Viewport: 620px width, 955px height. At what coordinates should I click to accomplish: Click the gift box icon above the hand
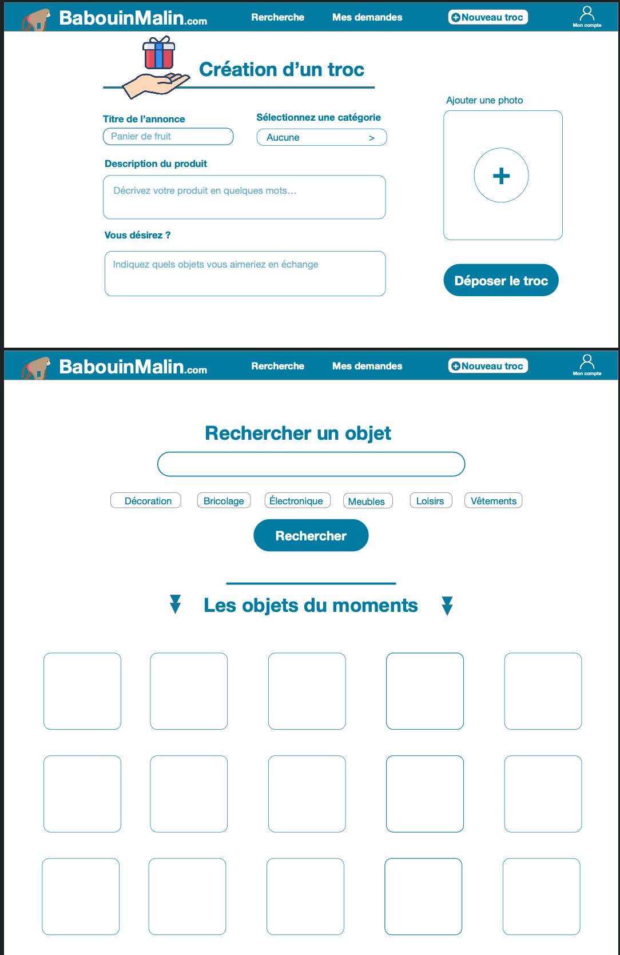pos(158,53)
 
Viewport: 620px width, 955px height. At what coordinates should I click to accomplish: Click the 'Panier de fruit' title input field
pos(168,137)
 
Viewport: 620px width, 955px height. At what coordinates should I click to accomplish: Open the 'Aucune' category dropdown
pos(321,137)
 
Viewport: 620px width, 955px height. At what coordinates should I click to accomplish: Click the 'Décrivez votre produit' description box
pos(244,197)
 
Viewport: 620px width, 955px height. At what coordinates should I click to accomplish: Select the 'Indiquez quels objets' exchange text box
pos(245,273)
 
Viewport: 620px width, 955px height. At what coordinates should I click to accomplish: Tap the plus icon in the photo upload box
pos(501,176)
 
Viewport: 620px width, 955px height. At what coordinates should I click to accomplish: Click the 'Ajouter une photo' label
pos(484,101)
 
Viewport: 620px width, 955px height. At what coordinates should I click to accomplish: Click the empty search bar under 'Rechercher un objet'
pos(311,464)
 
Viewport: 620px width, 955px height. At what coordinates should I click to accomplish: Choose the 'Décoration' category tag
pos(146,501)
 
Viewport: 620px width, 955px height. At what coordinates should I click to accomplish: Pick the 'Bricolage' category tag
pos(224,501)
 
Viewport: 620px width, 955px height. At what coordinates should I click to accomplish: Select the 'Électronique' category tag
pos(297,501)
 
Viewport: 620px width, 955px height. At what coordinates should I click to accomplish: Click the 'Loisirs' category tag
pos(431,501)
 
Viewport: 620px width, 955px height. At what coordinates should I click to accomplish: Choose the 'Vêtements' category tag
pos(493,501)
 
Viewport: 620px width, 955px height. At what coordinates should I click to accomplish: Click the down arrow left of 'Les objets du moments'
pos(176,604)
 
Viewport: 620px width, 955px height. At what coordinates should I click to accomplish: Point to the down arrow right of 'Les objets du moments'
pos(447,606)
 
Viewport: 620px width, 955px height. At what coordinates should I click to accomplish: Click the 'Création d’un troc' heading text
pos(281,70)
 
